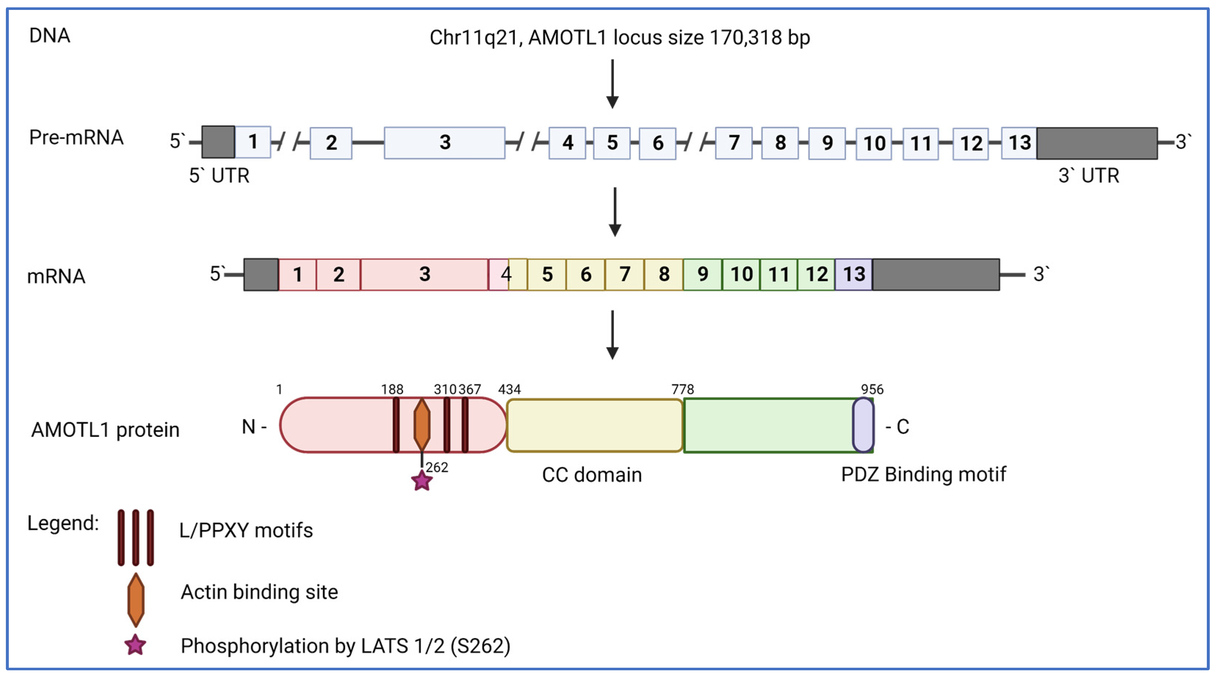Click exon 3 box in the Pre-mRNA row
444,142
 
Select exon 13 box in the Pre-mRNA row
1019,142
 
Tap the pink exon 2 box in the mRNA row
338,274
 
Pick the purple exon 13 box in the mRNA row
854,274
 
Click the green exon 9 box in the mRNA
702,274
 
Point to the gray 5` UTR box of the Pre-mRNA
218,142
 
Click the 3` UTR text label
1089,176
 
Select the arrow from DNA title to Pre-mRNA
612,84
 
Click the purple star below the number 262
421,481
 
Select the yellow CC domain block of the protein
594,425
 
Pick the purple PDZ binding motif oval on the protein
863,425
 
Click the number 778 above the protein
683,389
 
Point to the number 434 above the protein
509,389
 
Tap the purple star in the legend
135,645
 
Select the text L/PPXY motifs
246,531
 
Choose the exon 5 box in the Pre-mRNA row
612,142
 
